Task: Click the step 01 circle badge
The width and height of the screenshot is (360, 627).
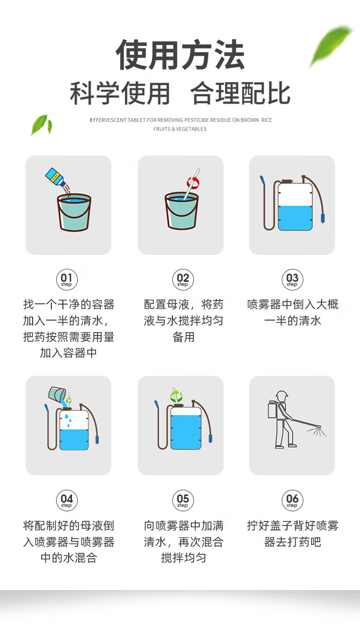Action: pyautogui.click(x=67, y=279)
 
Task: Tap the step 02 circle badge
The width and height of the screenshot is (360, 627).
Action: pyautogui.click(x=183, y=279)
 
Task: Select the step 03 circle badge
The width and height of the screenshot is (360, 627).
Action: pyautogui.click(x=292, y=279)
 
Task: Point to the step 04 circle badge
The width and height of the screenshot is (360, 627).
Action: pyautogui.click(x=67, y=500)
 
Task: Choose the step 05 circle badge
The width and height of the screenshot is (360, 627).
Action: pyautogui.click(x=183, y=500)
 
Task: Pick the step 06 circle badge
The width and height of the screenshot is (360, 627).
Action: pyautogui.click(x=292, y=500)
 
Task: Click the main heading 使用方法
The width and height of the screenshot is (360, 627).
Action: pyautogui.click(x=180, y=55)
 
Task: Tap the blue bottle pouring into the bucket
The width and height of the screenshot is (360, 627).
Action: pyautogui.click(x=55, y=177)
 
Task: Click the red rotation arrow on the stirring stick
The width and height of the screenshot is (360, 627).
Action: pyautogui.click(x=193, y=182)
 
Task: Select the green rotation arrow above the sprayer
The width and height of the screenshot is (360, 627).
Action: pyautogui.click(x=176, y=396)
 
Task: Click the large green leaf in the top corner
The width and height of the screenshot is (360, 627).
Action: pyautogui.click(x=330, y=46)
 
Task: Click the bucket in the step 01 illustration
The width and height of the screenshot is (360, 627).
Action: pyautogui.click(x=74, y=212)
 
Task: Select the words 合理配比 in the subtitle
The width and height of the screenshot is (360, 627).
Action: pyautogui.click(x=240, y=93)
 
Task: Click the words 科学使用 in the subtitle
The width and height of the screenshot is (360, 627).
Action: pyautogui.click(x=120, y=93)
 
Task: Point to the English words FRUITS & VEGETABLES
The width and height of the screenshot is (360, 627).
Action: pyautogui.click(x=180, y=129)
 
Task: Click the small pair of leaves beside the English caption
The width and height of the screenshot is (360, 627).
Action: pyautogui.click(x=41, y=125)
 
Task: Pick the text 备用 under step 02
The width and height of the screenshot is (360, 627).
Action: pyautogui.click(x=183, y=337)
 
